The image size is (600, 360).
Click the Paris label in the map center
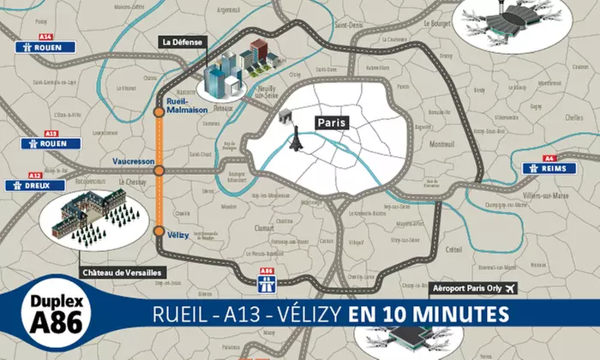click(333, 123)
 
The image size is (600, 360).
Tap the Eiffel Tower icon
click(296, 139)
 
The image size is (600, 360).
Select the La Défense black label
click(180, 41)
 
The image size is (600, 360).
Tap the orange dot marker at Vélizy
click(159, 231)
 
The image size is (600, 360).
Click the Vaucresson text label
click(132, 161)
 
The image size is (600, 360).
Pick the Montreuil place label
click(441, 143)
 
